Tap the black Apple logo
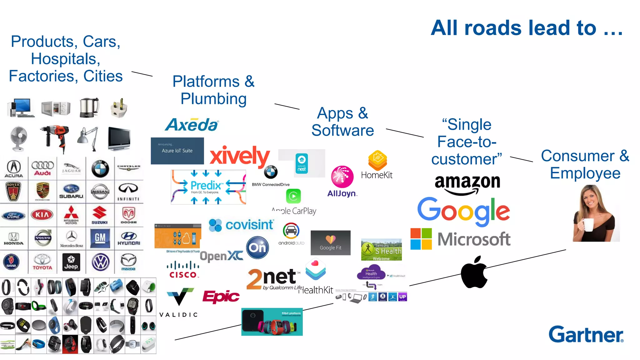coord(474,272)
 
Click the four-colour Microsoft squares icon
coord(421,239)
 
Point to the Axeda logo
coord(192,125)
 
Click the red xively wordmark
coord(239,156)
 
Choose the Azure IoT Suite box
coord(177,151)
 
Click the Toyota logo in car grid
coord(42,262)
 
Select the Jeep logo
coord(71,262)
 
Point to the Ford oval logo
coord(14,216)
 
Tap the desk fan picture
coord(18,138)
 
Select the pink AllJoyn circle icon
coord(342,177)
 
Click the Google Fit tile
coord(330,243)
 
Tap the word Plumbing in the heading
coord(213,99)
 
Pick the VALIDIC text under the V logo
coord(179,315)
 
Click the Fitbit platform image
coord(272,322)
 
